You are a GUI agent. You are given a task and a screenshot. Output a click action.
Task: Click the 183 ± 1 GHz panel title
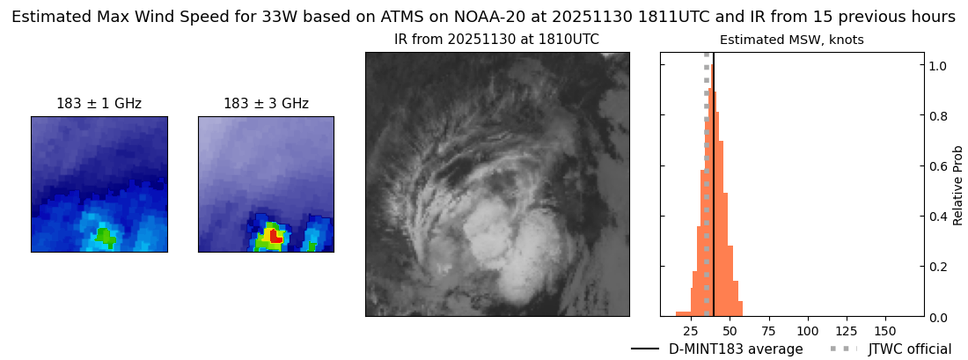tap(99, 104)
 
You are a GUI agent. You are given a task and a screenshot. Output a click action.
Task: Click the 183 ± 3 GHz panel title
tap(266, 104)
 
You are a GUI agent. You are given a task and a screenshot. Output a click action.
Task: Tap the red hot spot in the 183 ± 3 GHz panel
tap(275, 236)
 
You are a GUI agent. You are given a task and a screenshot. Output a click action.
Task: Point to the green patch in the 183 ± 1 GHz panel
tap(105, 236)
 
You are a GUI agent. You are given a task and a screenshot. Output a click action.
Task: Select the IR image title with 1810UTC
tap(496, 40)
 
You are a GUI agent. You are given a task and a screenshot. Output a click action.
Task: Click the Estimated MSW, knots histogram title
tap(791, 40)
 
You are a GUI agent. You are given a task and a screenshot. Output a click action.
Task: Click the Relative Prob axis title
tap(958, 185)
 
